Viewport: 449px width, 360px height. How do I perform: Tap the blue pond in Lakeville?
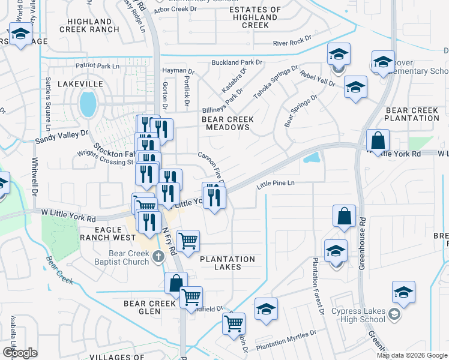pyautogui.click(x=88, y=104)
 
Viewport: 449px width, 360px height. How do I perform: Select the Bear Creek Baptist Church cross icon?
pyautogui.click(x=158, y=257)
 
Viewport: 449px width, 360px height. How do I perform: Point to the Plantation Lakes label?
pyautogui.click(x=228, y=259)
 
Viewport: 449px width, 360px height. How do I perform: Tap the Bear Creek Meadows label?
pyautogui.click(x=228, y=124)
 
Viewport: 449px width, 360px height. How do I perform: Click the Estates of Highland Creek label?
pyautogui.click(x=256, y=17)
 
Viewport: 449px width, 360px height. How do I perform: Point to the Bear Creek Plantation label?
pyautogui.click(x=412, y=114)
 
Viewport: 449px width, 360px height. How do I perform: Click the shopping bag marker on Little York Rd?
pyautogui.click(x=378, y=142)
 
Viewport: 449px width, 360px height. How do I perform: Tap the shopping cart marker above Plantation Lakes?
pyautogui.click(x=188, y=241)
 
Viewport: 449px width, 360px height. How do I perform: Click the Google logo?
pyautogui.click(x=20, y=353)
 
